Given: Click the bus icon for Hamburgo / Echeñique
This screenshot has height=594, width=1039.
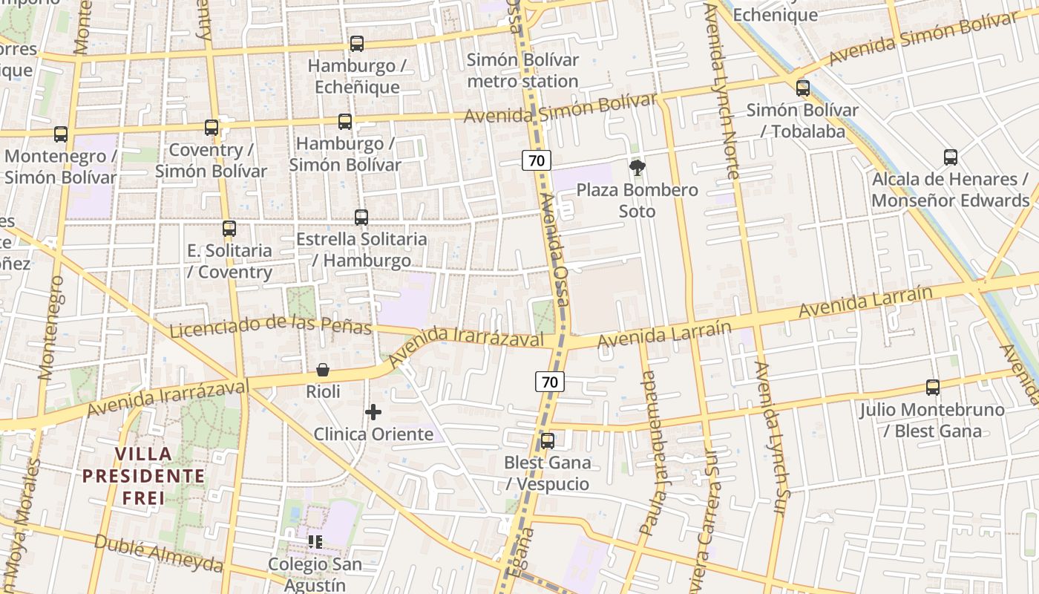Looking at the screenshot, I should pos(357,44).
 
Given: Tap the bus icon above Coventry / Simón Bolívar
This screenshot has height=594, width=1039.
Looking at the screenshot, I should pos(212,128).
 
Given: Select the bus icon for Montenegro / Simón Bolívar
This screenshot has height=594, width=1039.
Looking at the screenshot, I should pos(61,134).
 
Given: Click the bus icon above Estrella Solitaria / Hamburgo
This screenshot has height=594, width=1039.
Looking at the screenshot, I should pos(361,218).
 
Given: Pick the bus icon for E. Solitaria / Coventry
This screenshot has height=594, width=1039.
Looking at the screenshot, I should pos(229,229).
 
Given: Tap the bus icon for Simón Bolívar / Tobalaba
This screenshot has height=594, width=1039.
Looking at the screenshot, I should pos(802,88).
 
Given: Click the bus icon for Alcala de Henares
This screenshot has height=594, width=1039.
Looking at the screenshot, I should pos(951,157).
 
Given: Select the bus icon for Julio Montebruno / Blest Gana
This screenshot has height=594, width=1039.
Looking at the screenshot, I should pos(933,388).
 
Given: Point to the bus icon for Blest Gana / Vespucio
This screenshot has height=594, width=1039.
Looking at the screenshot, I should pos(548,441).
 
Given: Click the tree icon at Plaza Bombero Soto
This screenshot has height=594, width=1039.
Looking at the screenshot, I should pos(637,168).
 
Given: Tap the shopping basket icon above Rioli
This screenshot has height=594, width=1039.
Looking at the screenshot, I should pos(323,370).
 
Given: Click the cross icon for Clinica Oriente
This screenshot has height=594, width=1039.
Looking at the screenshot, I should pos(373,412).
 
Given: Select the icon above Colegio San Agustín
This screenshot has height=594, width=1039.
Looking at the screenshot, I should pos(315,542).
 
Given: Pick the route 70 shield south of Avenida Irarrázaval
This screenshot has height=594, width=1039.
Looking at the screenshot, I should pos(550,382).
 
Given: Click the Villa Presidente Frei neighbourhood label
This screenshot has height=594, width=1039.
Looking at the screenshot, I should pos(143,475).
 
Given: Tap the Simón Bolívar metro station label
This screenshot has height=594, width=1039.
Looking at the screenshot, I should pos(522,71).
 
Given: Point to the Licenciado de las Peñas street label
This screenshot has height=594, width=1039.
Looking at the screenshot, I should pos(270,325).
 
